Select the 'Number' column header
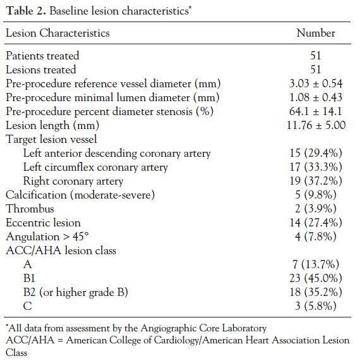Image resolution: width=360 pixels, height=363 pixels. (316, 33)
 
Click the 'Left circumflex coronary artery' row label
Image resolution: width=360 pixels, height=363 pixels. (95, 167)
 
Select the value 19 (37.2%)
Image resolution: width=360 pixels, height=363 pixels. (316, 181)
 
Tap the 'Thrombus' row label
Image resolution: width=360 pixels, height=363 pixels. (30, 209)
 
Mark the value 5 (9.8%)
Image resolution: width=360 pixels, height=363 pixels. (316, 195)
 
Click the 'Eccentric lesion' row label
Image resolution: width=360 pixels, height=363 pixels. (44, 223)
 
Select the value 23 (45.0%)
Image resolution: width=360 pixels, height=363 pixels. (316, 278)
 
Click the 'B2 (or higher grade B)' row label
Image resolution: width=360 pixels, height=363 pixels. (75, 292)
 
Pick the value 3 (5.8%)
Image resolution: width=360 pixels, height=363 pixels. (316, 306)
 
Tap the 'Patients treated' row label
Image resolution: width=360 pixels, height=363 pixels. (42, 56)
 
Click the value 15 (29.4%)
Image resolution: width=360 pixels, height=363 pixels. (316, 153)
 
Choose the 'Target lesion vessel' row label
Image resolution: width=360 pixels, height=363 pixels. (51, 139)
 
